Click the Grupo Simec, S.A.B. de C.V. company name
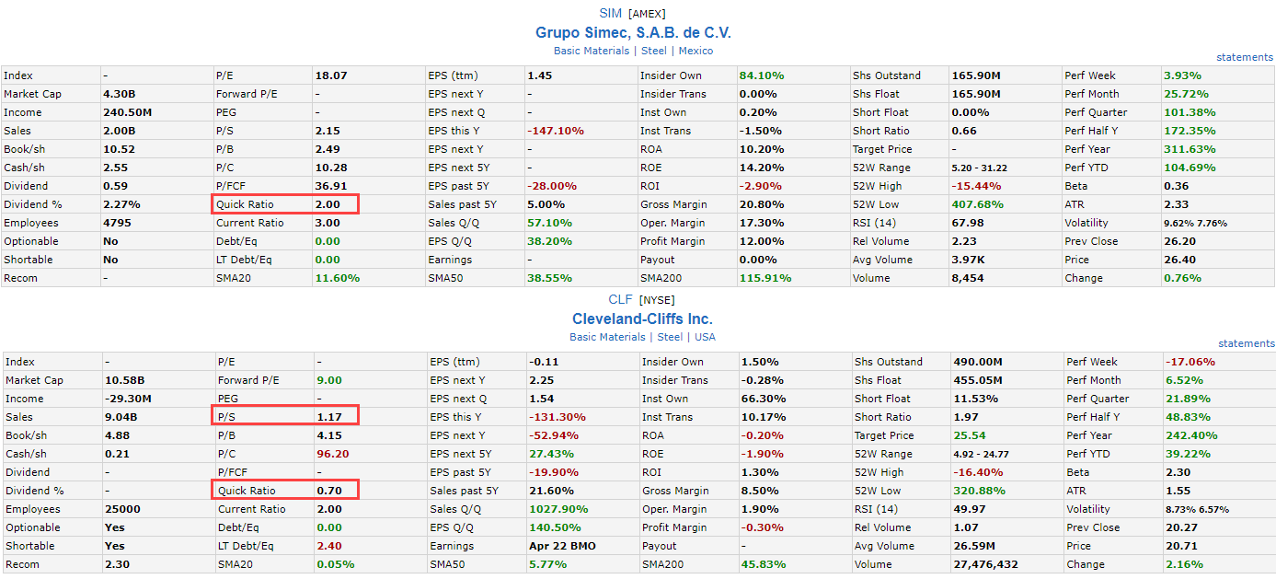[x=633, y=32]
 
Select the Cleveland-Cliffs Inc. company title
[x=642, y=318]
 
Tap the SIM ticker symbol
[x=611, y=13]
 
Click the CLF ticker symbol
[x=620, y=299]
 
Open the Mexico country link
[x=695, y=51]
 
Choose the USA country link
[x=705, y=337]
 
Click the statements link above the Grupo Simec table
[x=1244, y=57]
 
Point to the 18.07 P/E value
[x=331, y=75]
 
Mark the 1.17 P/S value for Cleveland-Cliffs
[x=329, y=417]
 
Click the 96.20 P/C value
[x=332, y=454]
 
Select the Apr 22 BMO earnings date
[x=562, y=546]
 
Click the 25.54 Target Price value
[x=970, y=435]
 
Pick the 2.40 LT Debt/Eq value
[x=329, y=546]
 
